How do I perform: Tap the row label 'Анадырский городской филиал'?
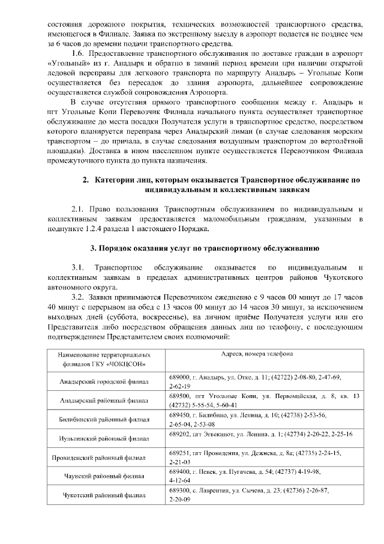[100, 381]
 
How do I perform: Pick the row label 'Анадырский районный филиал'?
[100, 400]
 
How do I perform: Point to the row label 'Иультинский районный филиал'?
[100, 438]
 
